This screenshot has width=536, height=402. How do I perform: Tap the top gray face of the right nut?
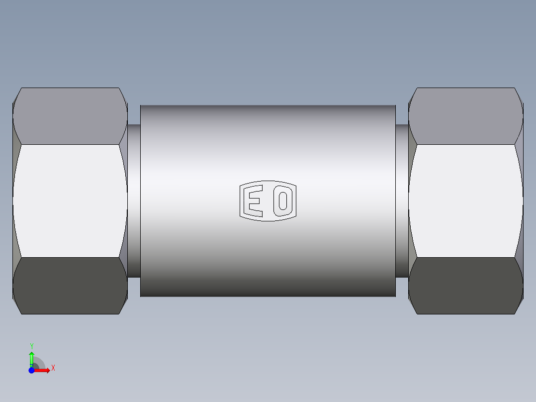(465, 116)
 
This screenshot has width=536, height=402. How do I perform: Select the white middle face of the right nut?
(465, 201)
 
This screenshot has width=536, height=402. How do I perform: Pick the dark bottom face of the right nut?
(465, 286)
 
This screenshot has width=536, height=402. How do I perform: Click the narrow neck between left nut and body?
(134, 201)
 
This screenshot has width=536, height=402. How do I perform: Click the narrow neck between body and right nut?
(402, 201)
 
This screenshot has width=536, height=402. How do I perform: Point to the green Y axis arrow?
(31, 357)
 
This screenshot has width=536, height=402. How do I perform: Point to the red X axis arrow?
(43, 370)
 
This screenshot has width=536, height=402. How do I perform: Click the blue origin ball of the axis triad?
(31, 370)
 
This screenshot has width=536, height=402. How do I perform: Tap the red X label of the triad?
(53, 368)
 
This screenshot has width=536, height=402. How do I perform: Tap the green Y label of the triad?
(31, 346)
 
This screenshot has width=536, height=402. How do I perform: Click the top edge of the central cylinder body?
(268, 105)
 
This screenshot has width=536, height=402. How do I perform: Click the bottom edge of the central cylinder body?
(268, 297)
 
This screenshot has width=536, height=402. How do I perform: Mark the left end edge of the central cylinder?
(141, 201)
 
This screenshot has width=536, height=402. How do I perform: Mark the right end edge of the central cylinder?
(395, 201)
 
